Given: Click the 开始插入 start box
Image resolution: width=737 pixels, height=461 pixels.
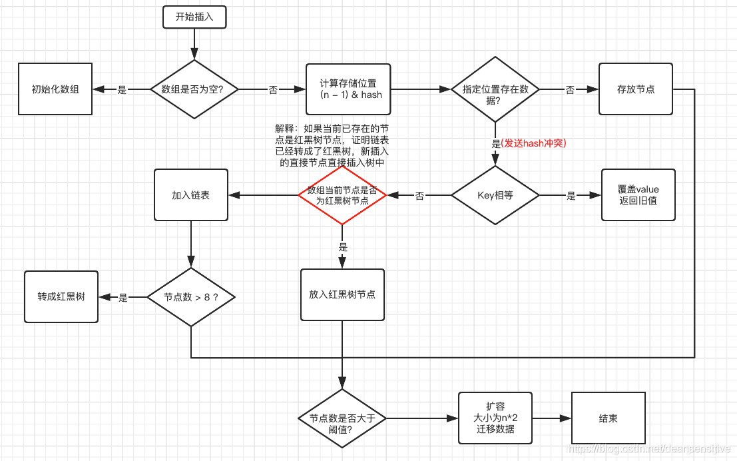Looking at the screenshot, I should (194, 17).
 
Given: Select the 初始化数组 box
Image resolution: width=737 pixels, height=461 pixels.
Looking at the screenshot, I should (55, 89).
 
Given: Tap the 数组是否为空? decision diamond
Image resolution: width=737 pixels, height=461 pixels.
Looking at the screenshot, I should (194, 89).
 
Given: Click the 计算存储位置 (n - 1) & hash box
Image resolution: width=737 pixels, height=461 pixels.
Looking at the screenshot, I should (348, 89).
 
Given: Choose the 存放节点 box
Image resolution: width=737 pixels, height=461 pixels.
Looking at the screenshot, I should (635, 89).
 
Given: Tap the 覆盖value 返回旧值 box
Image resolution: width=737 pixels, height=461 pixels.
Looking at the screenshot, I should (638, 195).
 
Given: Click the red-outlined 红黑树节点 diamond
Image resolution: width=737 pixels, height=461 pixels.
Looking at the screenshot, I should (342, 195).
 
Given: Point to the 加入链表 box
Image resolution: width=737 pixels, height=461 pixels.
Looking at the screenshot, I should (191, 195).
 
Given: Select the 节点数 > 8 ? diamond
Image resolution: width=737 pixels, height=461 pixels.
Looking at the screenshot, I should (191, 297).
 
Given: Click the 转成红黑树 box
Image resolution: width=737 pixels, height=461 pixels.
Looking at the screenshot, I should (61, 296).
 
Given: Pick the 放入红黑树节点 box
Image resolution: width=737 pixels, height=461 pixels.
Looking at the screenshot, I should (342, 294).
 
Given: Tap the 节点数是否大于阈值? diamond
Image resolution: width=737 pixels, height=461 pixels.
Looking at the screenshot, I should (342, 418).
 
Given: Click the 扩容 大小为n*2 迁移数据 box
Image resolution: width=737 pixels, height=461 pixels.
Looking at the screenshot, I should (495, 418).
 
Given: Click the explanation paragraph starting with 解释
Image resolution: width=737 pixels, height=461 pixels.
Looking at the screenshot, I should (332, 145).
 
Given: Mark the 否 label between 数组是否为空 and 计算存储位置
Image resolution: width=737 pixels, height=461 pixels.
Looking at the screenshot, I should (273, 90).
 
